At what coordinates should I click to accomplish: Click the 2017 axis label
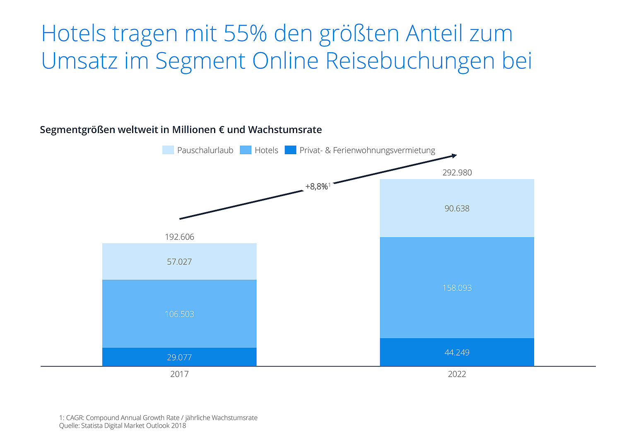pyautogui.click(x=179, y=374)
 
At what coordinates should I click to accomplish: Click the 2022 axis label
pyautogui.click(x=457, y=374)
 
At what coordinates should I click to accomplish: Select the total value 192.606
pyautogui.click(x=179, y=237)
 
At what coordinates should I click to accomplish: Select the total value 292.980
pyautogui.click(x=457, y=172)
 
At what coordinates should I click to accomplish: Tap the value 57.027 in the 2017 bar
pyautogui.click(x=179, y=262)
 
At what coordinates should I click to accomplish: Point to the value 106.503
pyautogui.click(x=179, y=314)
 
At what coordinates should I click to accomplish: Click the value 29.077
pyautogui.click(x=179, y=357)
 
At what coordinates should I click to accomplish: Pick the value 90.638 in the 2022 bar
pyautogui.click(x=457, y=208)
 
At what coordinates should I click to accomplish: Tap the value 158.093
pyautogui.click(x=457, y=288)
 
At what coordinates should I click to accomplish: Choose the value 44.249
pyautogui.click(x=457, y=352)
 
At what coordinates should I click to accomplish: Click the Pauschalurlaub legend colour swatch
pyautogui.click(x=168, y=150)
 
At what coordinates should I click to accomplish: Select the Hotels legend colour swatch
pyautogui.click(x=246, y=150)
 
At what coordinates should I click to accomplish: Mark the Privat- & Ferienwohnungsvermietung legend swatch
pyautogui.click(x=290, y=150)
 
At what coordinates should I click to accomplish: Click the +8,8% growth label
pyautogui.click(x=317, y=187)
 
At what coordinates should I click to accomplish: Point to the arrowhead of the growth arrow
pyautogui.click(x=454, y=156)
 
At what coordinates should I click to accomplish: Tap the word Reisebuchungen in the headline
pyautogui.click(x=410, y=61)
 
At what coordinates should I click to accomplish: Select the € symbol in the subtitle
pyautogui.click(x=222, y=130)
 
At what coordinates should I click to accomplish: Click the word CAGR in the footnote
pyautogui.click(x=75, y=418)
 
